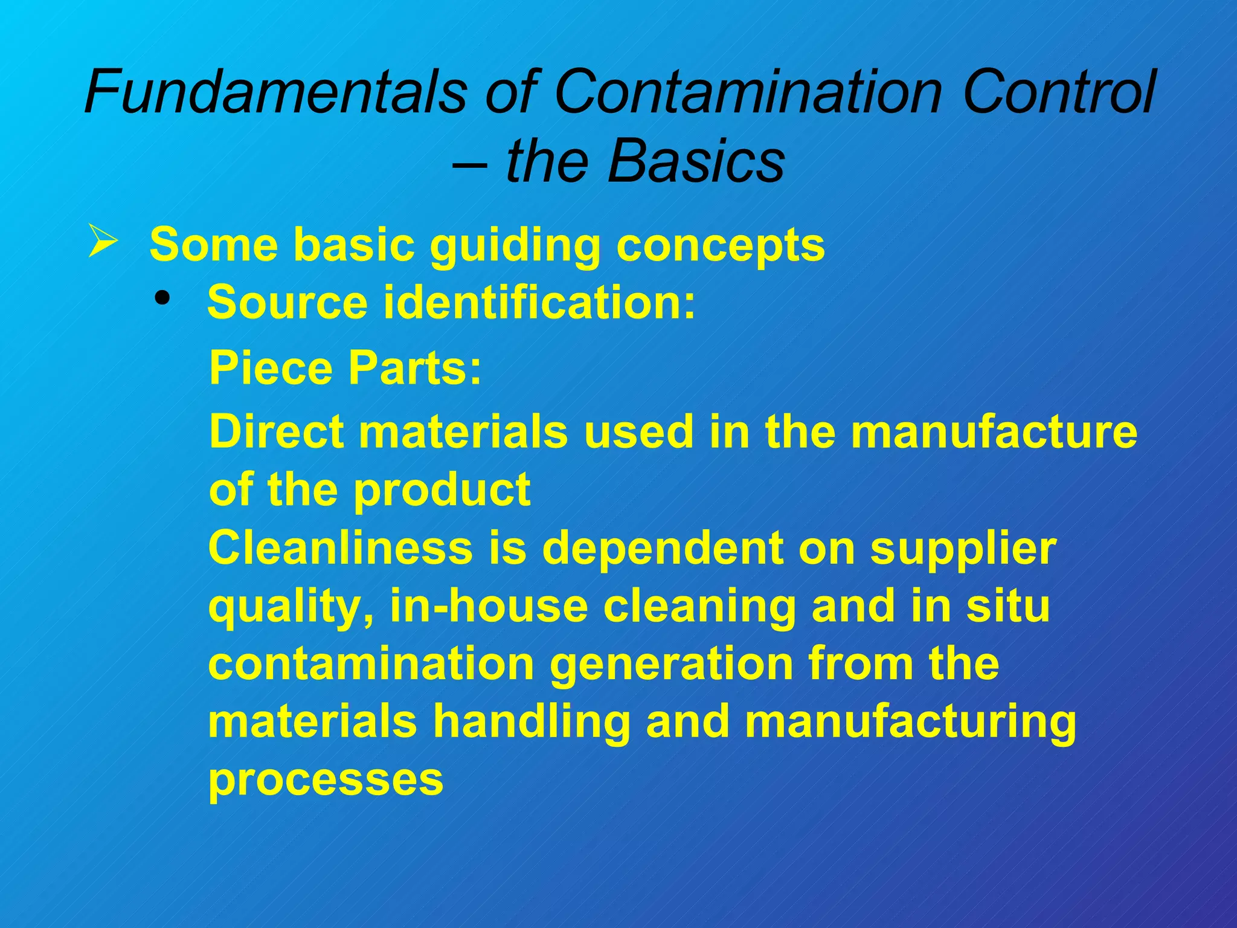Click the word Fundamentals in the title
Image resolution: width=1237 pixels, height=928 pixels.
click(x=275, y=92)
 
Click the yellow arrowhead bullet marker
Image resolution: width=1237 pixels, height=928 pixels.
click(x=103, y=240)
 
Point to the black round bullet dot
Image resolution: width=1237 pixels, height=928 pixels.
click(x=162, y=298)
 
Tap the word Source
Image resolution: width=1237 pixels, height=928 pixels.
click(x=288, y=302)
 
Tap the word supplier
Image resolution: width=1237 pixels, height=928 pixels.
click(x=963, y=549)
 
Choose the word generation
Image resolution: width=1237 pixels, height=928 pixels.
click(x=671, y=663)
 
